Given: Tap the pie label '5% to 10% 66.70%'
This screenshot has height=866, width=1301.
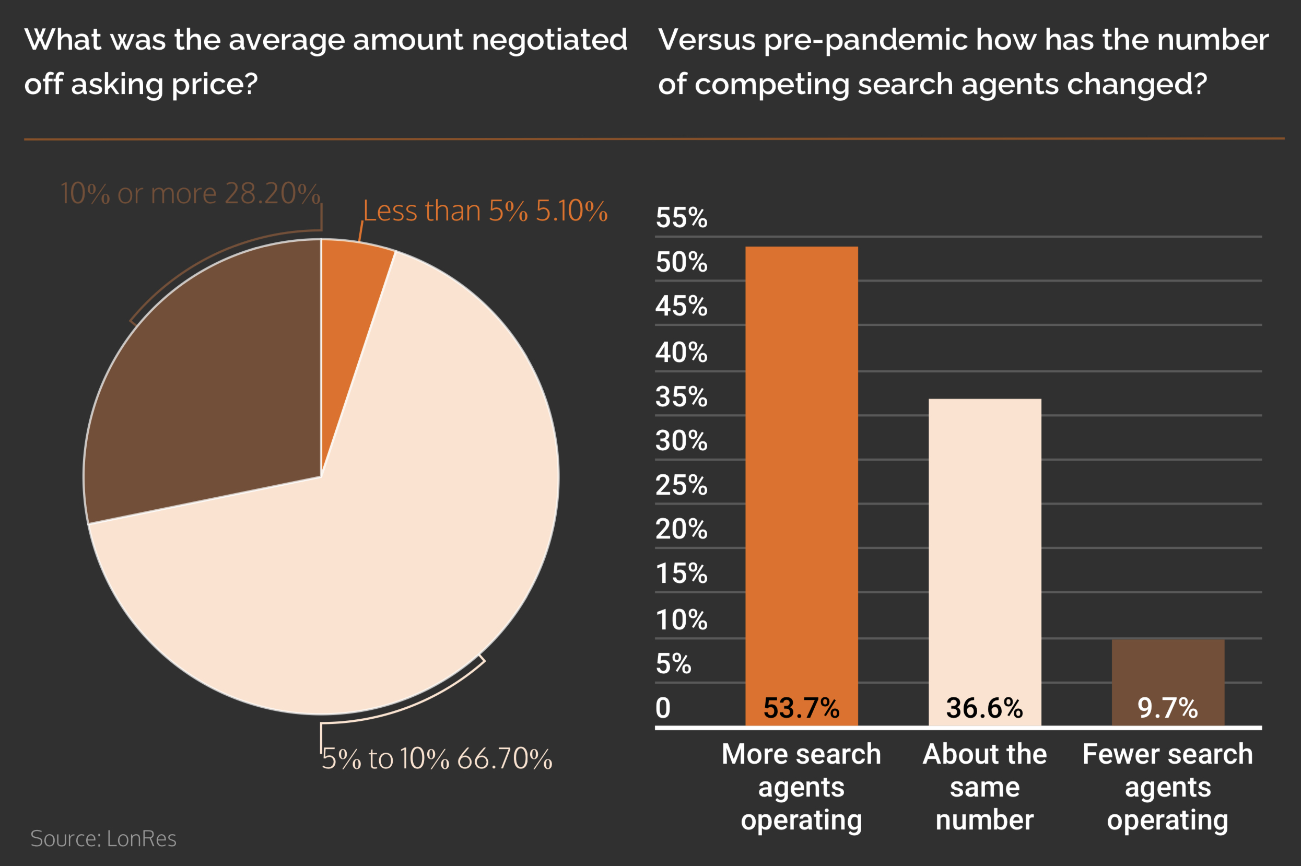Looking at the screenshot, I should (437, 758).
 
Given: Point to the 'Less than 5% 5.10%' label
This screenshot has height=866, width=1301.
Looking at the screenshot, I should (485, 211).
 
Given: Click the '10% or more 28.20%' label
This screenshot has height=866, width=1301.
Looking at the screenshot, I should (190, 193).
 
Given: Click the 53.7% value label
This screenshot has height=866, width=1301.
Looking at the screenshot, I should (801, 708).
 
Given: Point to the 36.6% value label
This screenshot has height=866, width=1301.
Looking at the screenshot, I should (984, 708).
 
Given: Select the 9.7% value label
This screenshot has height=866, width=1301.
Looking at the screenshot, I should (1167, 708).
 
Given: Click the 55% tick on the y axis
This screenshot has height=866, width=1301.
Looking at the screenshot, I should (681, 218).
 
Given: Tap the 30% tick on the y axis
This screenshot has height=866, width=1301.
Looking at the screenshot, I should (681, 441).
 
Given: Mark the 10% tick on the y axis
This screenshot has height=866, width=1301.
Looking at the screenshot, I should (681, 619).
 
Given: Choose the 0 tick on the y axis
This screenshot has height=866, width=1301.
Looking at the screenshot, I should (663, 708).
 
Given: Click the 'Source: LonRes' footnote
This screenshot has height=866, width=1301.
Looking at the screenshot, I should (103, 838).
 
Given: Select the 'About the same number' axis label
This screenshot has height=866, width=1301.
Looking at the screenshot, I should (984, 787).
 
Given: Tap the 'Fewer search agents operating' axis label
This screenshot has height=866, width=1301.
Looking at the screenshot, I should (1167, 787).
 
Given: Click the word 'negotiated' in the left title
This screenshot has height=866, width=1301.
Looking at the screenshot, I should (549, 40).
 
